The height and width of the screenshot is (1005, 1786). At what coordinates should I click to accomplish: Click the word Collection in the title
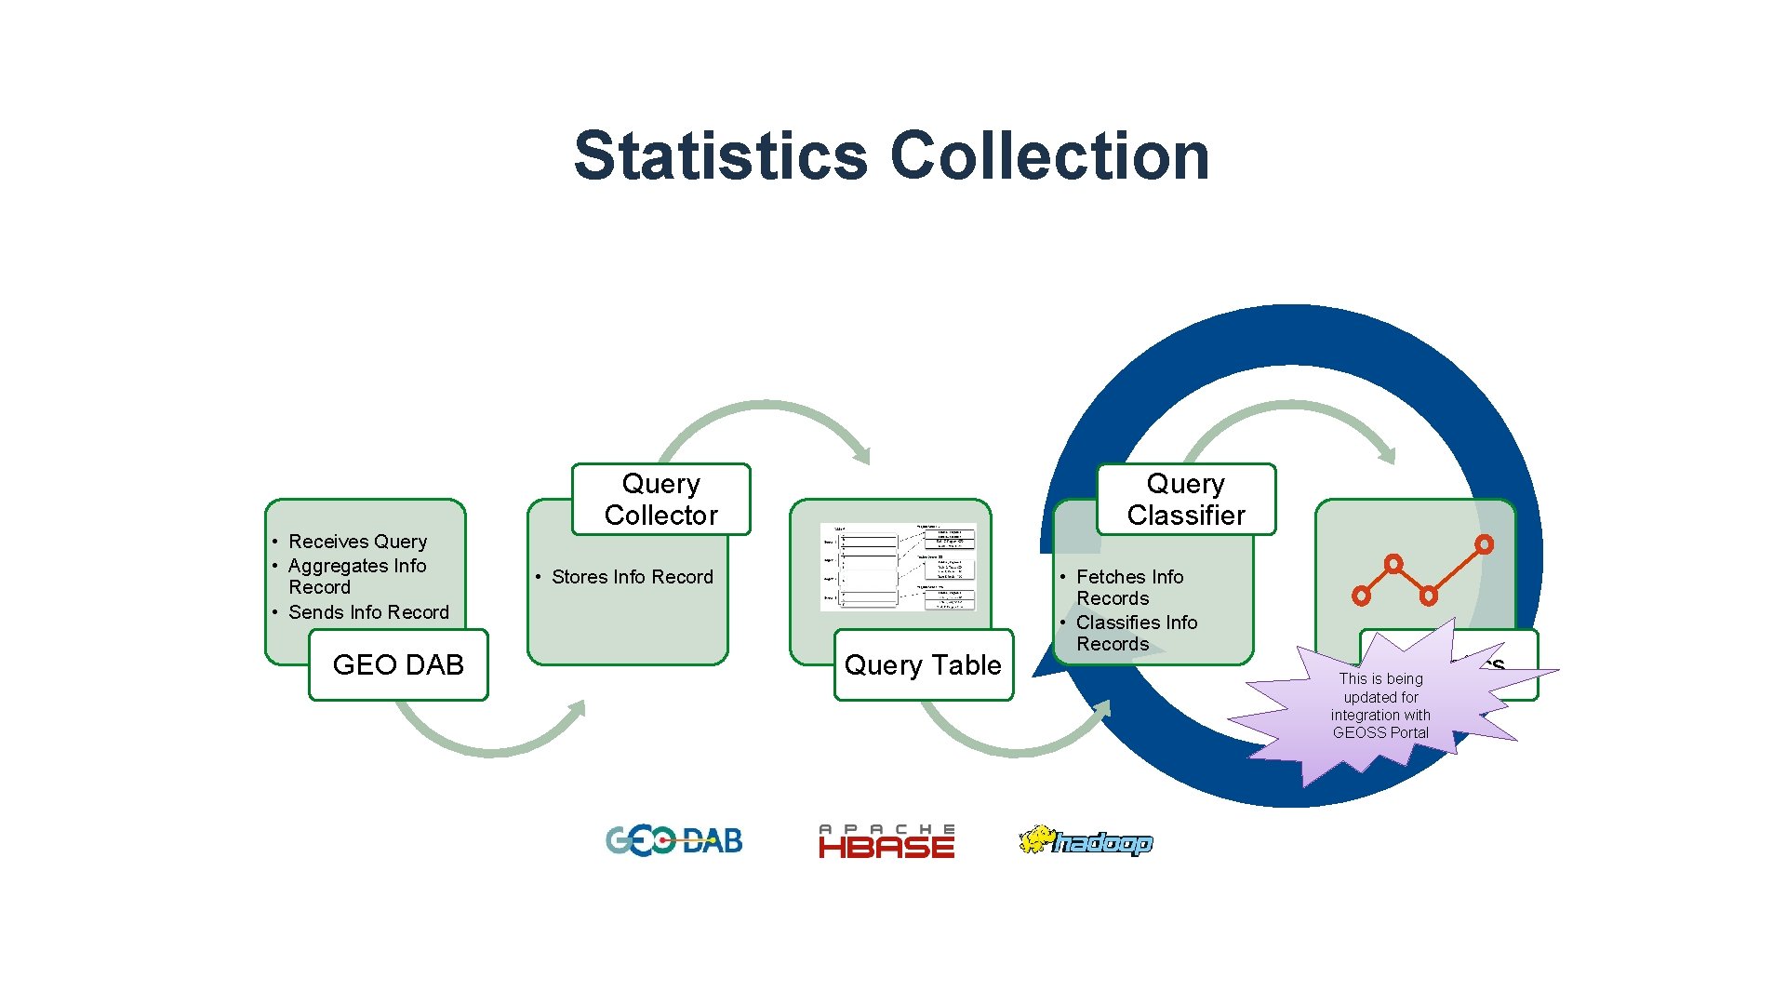(1050, 155)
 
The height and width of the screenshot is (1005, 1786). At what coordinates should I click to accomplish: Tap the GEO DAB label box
(398, 664)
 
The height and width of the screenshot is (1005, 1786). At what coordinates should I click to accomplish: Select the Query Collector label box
(660, 499)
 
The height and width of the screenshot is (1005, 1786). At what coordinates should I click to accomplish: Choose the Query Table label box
(923, 664)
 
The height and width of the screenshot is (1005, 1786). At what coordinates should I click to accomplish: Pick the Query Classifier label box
(1186, 499)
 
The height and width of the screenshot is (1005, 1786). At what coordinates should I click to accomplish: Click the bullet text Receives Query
(357, 542)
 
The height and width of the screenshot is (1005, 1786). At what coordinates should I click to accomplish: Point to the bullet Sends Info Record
(368, 612)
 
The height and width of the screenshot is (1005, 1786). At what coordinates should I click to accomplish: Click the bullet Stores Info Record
(632, 577)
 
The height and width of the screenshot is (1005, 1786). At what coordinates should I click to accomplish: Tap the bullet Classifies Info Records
(1136, 633)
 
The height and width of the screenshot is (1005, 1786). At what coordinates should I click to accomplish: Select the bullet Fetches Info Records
(1129, 587)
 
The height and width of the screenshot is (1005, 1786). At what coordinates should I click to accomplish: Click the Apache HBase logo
(886, 841)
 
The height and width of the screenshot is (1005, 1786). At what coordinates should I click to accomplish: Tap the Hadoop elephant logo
(1086, 841)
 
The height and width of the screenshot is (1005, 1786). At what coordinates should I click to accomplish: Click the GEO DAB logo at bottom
(674, 841)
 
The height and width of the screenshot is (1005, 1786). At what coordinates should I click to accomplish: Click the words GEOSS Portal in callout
(1380, 732)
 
